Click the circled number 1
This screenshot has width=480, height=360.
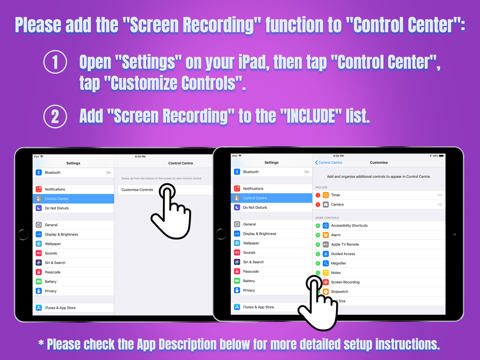(x=55, y=62)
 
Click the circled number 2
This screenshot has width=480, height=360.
(x=55, y=116)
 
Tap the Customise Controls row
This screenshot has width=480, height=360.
(x=137, y=190)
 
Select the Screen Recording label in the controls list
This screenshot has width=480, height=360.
(x=345, y=282)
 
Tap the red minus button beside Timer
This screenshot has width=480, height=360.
(x=318, y=195)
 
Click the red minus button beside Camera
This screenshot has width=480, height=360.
(x=318, y=204)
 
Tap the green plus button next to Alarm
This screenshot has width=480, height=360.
(x=318, y=235)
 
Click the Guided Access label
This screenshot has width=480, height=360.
(x=343, y=254)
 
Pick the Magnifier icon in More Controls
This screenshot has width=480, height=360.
(x=326, y=263)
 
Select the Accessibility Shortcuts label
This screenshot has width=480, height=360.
(x=349, y=226)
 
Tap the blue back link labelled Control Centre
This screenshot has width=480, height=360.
(x=329, y=163)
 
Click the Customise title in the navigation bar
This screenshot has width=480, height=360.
(x=379, y=163)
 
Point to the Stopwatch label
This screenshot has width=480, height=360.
(x=339, y=292)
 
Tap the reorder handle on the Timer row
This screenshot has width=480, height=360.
(x=440, y=195)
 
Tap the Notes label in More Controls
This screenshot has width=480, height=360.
(x=336, y=273)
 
